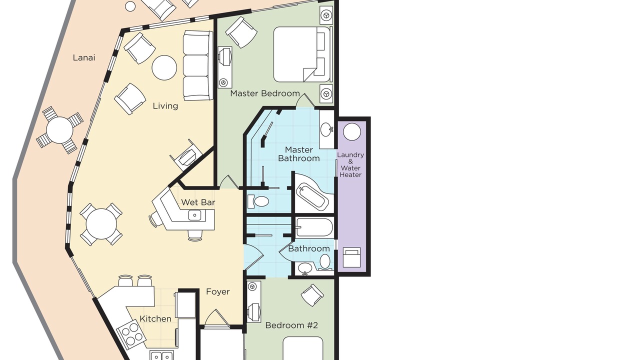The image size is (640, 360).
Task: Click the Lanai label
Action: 83,57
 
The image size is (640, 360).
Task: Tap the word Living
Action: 165,106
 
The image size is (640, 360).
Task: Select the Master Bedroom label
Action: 265,93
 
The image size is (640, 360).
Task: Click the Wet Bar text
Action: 198,202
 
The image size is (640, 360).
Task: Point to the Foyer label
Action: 217,291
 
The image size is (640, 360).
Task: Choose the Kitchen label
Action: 155,318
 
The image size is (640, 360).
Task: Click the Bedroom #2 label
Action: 291,325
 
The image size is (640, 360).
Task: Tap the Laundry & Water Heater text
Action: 350,165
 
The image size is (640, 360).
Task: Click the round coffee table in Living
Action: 164,67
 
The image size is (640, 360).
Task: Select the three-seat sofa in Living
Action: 198,65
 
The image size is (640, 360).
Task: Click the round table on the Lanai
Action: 59,130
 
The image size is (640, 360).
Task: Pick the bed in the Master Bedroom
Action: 303,54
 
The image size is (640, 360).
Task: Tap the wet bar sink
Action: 195,215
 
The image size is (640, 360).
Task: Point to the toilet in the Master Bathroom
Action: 258,201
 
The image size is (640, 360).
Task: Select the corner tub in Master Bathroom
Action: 313,193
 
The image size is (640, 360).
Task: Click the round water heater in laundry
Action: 351,131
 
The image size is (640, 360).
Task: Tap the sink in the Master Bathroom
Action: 326,129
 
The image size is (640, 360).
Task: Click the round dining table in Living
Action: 101,223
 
